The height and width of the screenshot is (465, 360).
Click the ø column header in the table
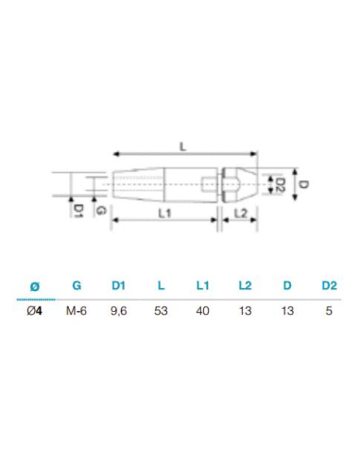click(x=35, y=284)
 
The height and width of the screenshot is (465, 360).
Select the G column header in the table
click(x=77, y=284)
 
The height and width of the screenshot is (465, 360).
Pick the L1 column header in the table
click(x=201, y=284)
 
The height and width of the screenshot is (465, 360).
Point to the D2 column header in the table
click(x=328, y=284)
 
